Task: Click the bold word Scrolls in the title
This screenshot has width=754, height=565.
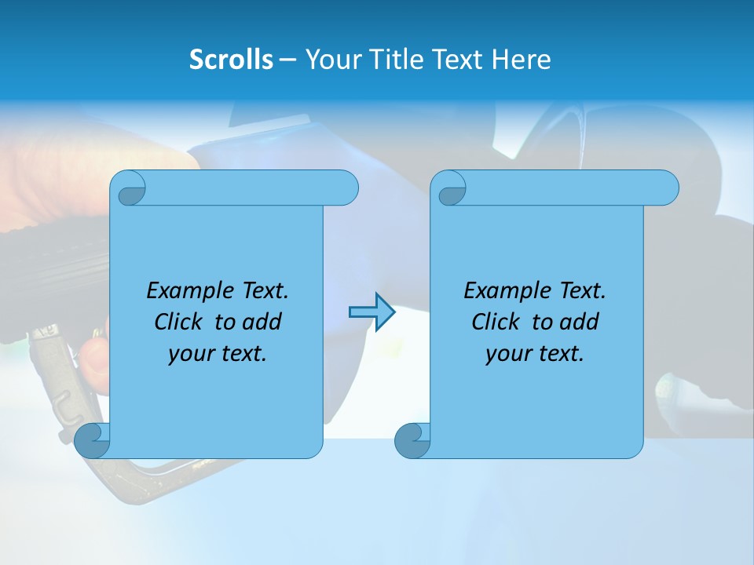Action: (231, 60)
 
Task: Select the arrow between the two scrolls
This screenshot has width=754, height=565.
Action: (372, 312)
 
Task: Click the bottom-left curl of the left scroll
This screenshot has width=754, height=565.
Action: (92, 441)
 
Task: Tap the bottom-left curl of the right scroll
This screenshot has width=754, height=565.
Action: (412, 441)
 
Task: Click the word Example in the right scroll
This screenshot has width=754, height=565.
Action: (508, 291)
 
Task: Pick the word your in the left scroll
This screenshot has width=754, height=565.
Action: (189, 354)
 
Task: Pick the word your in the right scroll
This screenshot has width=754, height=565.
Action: (507, 354)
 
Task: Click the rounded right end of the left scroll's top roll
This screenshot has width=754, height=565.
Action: (346, 188)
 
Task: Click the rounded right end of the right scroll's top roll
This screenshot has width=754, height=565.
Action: (666, 188)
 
